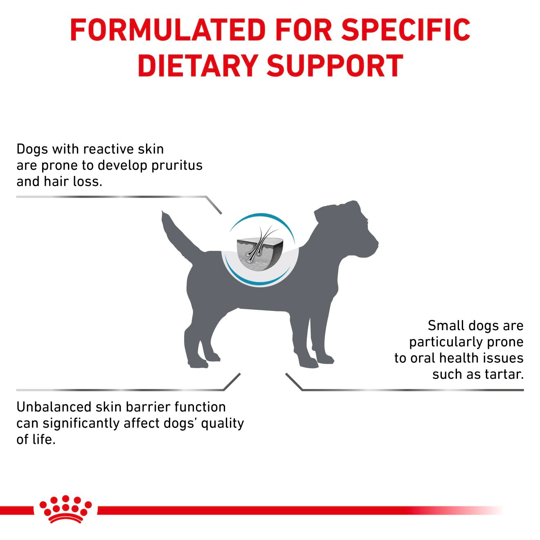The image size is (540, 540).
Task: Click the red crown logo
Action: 65,509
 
